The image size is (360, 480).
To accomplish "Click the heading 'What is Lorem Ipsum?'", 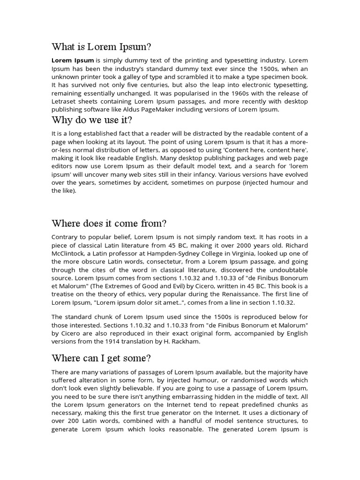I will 102,47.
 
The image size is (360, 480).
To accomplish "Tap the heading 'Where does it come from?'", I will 109,223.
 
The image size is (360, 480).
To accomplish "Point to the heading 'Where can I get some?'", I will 101,359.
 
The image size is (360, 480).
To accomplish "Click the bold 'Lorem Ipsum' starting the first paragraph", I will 72,60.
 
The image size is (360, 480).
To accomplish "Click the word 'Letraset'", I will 63,101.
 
